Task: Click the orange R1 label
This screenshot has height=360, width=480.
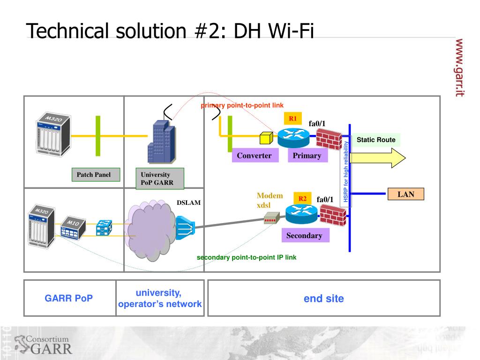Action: coord(292,119)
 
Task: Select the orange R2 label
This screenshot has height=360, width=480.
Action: coord(302,199)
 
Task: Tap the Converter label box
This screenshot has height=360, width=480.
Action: coord(254,156)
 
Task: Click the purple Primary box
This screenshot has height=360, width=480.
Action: coord(307,156)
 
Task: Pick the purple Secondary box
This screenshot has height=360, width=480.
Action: coord(304,235)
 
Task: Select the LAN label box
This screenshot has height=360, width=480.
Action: coord(406,194)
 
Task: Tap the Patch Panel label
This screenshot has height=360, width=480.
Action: coord(94,175)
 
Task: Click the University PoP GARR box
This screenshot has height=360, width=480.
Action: coord(159,179)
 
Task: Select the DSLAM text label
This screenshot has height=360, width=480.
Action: coord(188,203)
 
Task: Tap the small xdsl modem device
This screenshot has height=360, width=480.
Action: coord(270,218)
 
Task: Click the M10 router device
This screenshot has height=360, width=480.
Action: coord(73,227)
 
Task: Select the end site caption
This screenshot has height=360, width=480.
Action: coord(324,299)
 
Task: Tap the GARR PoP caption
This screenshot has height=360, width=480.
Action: coord(69,299)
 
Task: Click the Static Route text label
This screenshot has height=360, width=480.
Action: coord(376,140)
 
